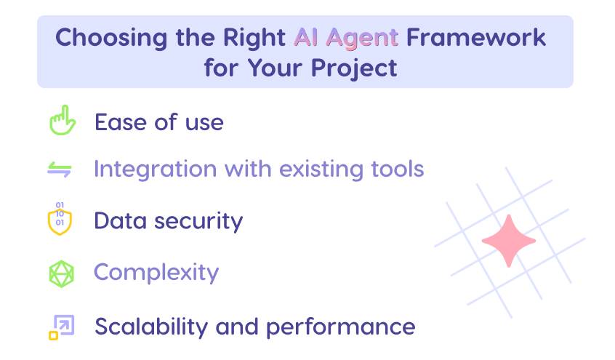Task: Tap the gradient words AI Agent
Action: click(346, 37)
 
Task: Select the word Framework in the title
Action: click(476, 37)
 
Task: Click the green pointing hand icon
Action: click(62, 121)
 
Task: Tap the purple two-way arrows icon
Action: click(60, 169)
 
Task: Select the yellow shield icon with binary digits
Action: click(60, 219)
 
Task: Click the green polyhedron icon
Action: click(61, 273)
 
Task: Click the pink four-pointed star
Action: click(508, 241)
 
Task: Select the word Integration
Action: click(155, 169)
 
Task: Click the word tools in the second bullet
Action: click(395, 169)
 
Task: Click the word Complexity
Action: click(156, 273)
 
